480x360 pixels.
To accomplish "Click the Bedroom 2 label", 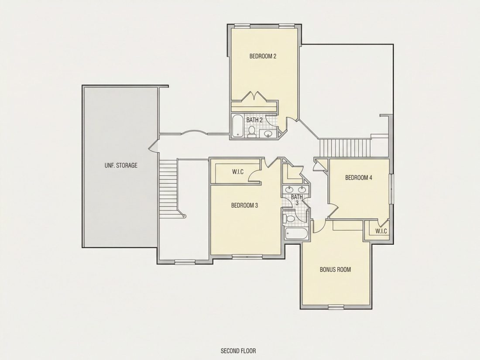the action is (263, 56).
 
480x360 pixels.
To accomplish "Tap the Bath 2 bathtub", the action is (237, 126).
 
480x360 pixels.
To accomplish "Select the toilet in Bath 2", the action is (252, 131).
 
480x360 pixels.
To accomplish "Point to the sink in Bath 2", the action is (268, 134).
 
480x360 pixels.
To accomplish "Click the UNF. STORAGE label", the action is (121, 165).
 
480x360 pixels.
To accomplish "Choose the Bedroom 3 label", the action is (244, 205).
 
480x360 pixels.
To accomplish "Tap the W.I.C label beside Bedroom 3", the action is (238, 172).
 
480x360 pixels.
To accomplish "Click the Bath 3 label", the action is (297, 200).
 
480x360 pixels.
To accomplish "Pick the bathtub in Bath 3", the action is (296, 234).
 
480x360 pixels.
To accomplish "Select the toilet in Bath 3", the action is (289, 219).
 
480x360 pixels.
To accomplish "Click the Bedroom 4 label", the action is (358, 178).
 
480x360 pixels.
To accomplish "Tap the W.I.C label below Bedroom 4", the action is (381, 231).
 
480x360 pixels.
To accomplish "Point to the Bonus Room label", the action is (335, 269).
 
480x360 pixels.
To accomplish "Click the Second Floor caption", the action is (238, 351).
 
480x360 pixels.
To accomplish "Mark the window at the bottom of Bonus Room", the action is (336, 307).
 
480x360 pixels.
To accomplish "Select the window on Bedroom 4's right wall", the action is (391, 189).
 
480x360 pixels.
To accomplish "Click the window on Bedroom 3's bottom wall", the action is (245, 256).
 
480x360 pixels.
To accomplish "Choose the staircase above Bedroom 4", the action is (345, 148).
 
